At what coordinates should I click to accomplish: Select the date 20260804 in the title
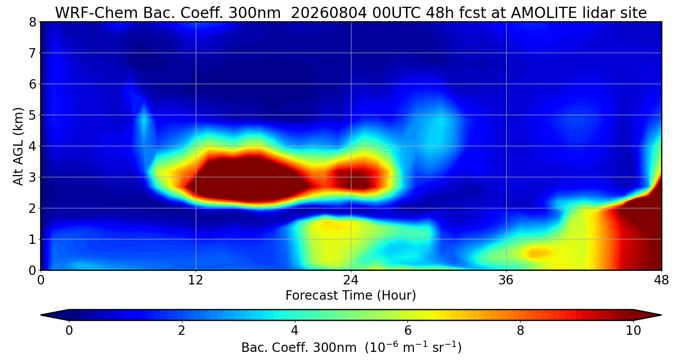pos(329,13)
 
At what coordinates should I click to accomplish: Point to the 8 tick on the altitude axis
pos(32,22)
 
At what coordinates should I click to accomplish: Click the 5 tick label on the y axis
pos(32,115)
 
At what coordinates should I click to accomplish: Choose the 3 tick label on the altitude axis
pos(32,177)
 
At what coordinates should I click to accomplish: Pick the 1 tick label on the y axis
pos(32,239)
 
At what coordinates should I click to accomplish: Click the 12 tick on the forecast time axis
pos(196,280)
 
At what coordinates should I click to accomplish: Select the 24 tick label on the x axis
pos(351,280)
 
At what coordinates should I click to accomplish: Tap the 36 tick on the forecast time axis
pos(506,280)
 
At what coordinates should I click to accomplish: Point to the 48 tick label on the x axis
pos(661,280)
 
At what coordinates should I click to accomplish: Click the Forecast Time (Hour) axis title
pos(351,296)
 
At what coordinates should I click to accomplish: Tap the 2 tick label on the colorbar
pos(181,331)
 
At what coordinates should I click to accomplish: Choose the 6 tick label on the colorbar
pos(408,331)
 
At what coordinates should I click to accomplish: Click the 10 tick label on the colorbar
pos(634,331)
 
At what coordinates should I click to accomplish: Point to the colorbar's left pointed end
pos(41,315)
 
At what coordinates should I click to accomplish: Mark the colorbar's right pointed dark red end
pos(661,315)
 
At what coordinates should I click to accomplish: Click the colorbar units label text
pos(351,348)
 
